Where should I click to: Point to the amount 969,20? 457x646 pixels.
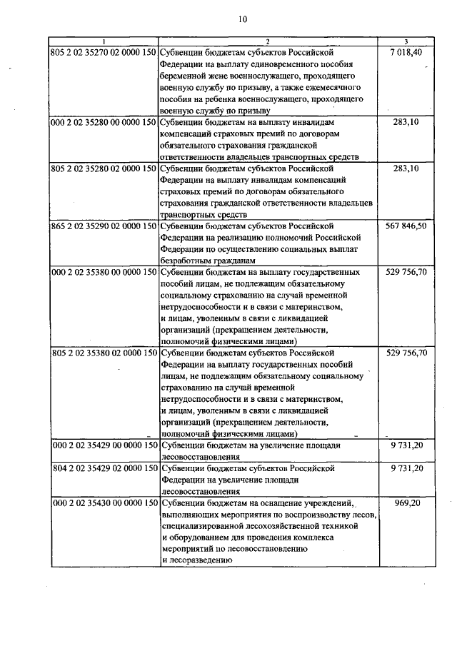410,503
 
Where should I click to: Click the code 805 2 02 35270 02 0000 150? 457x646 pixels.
104,53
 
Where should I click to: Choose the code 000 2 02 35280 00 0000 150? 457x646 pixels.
104,123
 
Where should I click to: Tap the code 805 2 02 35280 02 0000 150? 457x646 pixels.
104,168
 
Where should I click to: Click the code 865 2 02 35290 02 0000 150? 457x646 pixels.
104,226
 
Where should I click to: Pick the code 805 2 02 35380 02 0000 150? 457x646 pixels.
104,353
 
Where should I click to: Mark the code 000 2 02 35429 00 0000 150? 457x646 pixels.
104,445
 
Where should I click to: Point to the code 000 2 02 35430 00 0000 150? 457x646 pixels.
104,503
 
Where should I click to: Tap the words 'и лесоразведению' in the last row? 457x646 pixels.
196,560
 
